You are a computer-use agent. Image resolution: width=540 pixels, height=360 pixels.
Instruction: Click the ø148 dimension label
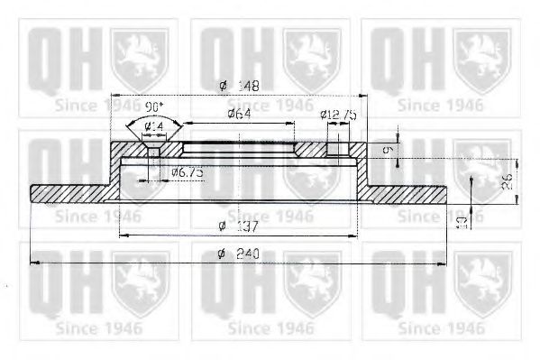tap(237, 87)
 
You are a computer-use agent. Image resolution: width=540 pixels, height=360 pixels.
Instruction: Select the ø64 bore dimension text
tap(237, 114)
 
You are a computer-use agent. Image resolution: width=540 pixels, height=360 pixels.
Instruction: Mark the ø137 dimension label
tap(237, 226)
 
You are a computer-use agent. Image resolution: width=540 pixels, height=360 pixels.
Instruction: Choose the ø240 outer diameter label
tap(237, 254)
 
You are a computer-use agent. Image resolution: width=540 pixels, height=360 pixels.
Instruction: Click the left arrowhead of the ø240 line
tap(34, 263)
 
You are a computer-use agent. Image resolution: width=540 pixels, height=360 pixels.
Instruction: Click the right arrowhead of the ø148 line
tap(363, 95)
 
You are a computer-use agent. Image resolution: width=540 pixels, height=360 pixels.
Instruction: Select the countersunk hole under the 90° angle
tap(153, 150)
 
